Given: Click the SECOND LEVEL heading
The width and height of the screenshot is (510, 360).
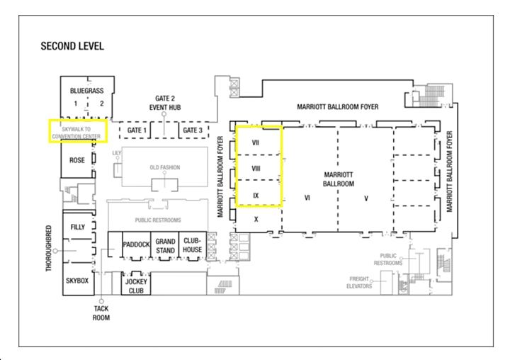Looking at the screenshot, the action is pyautogui.click(x=72, y=46).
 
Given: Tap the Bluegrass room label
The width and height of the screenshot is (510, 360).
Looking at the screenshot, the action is pyautogui.click(x=87, y=91).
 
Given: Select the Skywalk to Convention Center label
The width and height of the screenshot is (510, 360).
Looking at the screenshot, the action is pyautogui.click(x=76, y=133).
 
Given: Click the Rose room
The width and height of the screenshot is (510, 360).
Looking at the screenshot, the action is pyautogui.click(x=77, y=160).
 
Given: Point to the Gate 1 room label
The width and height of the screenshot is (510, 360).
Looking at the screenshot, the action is pyautogui.click(x=137, y=130).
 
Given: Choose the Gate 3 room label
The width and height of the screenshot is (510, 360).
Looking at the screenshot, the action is pyautogui.click(x=193, y=130).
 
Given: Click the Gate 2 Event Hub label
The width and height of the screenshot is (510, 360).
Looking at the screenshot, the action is pyautogui.click(x=165, y=103).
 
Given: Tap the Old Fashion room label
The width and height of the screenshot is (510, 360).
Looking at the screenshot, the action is pyautogui.click(x=165, y=167).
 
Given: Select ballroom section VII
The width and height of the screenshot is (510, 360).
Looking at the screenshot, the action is pyautogui.click(x=256, y=142).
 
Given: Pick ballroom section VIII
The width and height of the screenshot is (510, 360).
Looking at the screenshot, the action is pyautogui.click(x=256, y=169).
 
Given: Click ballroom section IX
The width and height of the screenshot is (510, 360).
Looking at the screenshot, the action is pyautogui.click(x=256, y=196).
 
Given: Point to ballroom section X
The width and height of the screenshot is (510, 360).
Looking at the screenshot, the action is pyautogui.click(x=256, y=220).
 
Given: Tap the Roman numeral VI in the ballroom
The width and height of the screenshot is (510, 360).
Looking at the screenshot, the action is pyautogui.click(x=307, y=198).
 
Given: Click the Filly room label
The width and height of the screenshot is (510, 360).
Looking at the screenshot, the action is pyautogui.click(x=78, y=227).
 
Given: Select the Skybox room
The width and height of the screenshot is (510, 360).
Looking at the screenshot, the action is pyautogui.click(x=77, y=281).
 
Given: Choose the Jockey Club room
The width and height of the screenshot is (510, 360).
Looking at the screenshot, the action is pyautogui.click(x=136, y=286).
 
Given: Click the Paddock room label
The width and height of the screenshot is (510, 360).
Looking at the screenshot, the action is pyautogui.click(x=136, y=244).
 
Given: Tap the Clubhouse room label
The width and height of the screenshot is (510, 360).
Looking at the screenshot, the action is pyautogui.click(x=193, y=245).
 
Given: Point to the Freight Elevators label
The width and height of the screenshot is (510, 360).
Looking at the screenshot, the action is pyautogui.click(x=359, y=283).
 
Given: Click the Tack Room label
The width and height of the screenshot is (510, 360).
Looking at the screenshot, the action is pyautogui.click(x=101, y=313).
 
